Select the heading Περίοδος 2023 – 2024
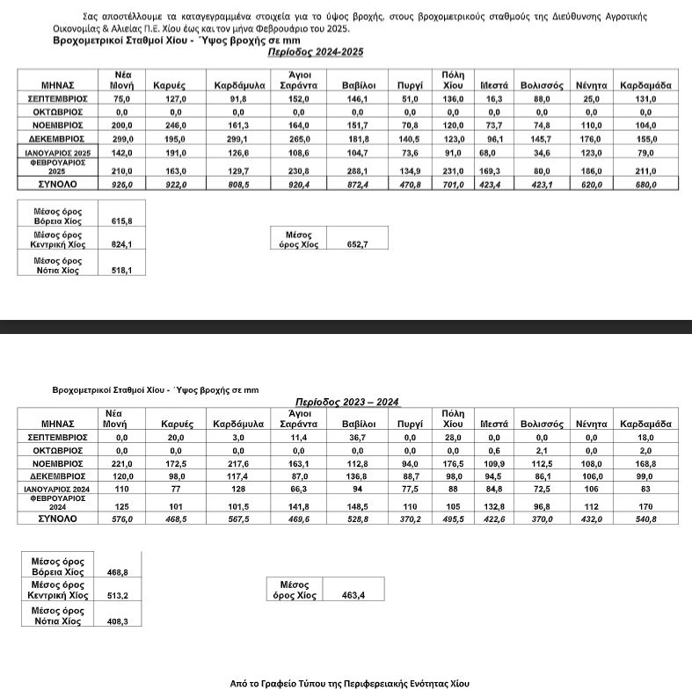point(346,402)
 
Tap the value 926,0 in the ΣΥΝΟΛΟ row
point(121,185)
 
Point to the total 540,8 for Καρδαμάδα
point(646,519)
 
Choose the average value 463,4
point(354,595)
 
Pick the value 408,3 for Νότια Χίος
point(118,621)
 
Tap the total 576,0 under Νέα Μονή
point(121,519)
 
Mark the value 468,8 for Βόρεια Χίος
point(118,571)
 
